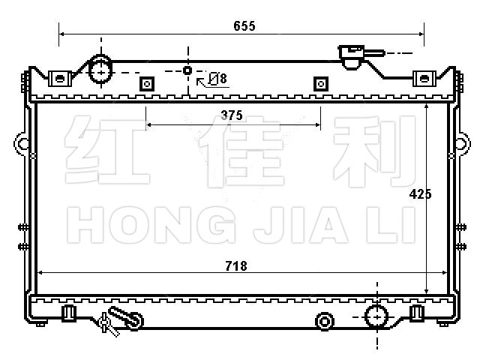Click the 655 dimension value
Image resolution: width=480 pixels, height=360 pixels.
tap(244, 26)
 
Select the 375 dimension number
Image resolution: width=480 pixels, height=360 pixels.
tap(232, 115)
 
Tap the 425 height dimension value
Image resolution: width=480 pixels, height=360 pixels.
tap(420, 194)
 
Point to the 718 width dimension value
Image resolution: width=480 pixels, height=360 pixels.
tap(236, 266)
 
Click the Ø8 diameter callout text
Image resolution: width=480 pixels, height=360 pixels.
tap(217, 79)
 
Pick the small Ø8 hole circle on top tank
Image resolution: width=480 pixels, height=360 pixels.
tap(187, 70)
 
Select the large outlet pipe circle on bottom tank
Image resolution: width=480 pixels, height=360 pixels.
tap(376, 316)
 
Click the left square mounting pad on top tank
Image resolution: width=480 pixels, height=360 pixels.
tap(147, 84)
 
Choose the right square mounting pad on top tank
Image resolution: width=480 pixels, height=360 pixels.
tap(321, 84)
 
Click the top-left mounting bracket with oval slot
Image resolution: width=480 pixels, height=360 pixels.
tap(60, 79)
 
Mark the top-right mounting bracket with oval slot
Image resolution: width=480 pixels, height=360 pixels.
tap(424, 79)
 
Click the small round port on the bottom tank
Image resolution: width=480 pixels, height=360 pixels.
tap(325, 322)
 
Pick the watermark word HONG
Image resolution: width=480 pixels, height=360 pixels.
tap(151, 225)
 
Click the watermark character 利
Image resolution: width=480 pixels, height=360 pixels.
tap(374, 151)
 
